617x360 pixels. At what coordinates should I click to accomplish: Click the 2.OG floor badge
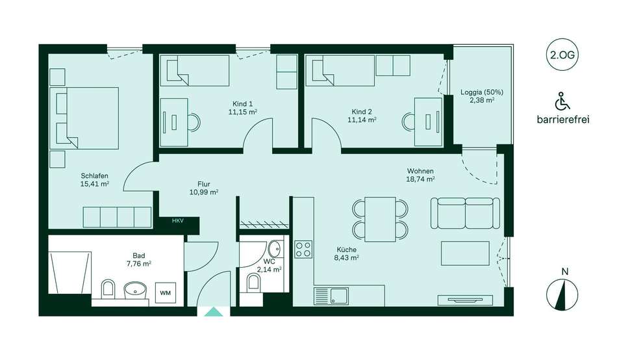pyautogui.click(x=562, y=55)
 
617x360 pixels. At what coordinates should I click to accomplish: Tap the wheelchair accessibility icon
pyautogui.click(x=562, y=101)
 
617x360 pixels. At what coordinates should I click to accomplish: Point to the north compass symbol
pyautogui.click(x=562, y=294)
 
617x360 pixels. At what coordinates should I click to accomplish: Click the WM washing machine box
pyautogui.click(x=165, y=292)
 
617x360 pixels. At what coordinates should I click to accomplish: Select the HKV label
pyautogui.click(x=178, y=221)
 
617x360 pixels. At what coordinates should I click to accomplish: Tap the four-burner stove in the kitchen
pyautogui.click(x=303, y=250)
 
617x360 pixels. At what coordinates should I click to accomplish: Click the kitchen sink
pyautogui.click(x=331, y=296)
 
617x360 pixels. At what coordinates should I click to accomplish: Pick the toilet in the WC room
pyautogui.click(x=254, y=283)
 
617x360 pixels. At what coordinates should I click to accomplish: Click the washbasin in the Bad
pyautogui.click(x=136, y=290)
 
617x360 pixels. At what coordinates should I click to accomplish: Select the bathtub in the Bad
pyautogui.click(x=69, y=272)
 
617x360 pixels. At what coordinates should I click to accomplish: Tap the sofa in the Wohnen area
pyautogui.click(x=466, y=213)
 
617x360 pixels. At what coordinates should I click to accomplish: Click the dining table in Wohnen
pyautogui.click(x=380, y=220)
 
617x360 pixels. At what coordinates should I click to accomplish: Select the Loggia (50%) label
pyautogui.click(x=482, y=92)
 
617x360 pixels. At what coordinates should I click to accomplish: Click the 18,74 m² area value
pyautogui.click(x=420, y=179)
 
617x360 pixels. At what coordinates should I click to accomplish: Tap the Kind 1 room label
pyautogui.click(x=242, y=104)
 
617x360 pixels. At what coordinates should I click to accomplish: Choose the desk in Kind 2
pyautogui.click(x=428, y=122)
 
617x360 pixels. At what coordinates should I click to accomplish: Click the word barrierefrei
pyautogui.click(x=563, y=120)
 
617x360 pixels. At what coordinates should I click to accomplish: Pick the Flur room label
pyautogui.click(x=204, y=184)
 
